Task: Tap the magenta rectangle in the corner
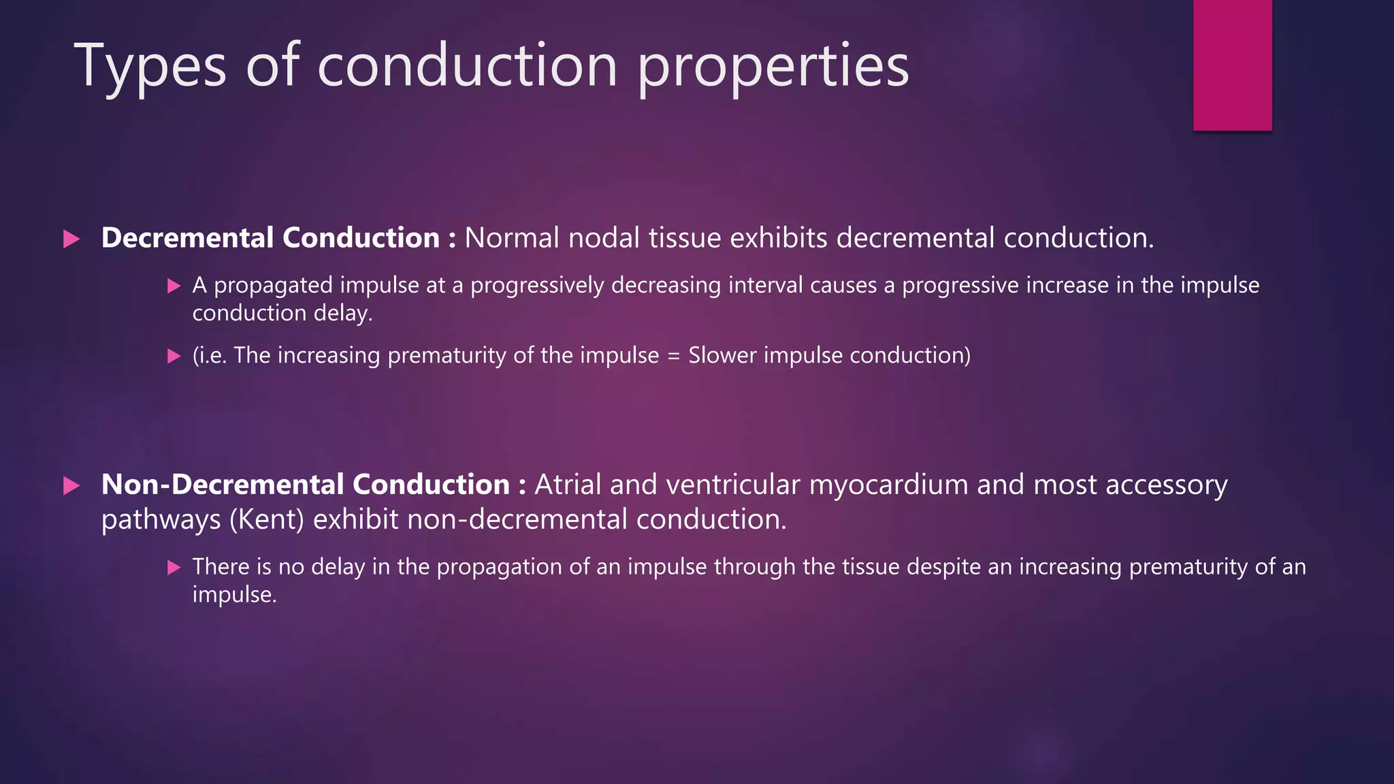click(1232, 65)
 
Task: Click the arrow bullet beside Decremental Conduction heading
click(71, 239)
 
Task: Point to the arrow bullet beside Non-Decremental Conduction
click(71, 486)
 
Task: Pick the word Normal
click(512, 238)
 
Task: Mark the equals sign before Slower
click(674, 356)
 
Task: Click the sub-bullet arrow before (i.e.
click(174, 356)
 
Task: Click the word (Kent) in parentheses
click(267, 520)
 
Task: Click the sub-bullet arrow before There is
click(174, 568)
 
